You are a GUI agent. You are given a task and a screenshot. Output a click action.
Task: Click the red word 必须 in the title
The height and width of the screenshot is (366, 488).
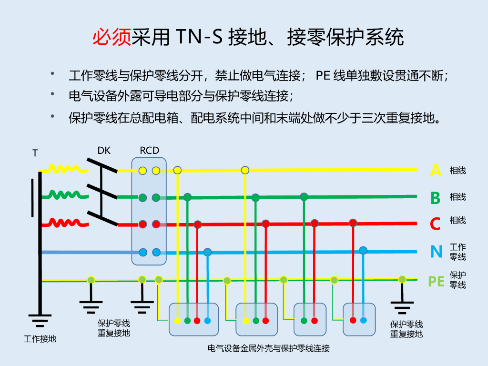[x=112, y=37]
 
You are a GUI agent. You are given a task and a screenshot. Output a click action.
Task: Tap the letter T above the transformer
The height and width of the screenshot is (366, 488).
[x=35, y=153]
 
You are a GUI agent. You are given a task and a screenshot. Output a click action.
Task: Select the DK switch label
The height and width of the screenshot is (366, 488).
[x=104, y=151]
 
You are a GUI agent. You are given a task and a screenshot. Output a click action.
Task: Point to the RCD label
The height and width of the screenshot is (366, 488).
[x=149, y=151]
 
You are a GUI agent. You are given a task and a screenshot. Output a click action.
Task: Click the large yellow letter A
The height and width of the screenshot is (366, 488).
[x=436, y=170]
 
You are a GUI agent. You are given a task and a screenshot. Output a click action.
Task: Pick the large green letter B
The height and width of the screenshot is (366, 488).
[x=436, y=197]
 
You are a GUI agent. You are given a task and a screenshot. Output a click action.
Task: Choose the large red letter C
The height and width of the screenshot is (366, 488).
[x=436, y=224]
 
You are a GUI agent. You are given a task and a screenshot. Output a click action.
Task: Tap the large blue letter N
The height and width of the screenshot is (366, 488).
[x=436, y=251]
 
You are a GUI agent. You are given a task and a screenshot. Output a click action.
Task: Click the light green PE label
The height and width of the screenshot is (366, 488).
[x=436, y=281]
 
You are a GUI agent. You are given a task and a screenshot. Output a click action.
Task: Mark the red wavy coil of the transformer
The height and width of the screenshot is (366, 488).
[x=64, y=223]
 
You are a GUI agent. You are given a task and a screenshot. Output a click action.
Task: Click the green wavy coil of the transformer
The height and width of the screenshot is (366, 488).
[x=64, y=195]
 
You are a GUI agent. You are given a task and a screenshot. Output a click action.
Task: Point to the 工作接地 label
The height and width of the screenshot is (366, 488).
[x=40, y=339]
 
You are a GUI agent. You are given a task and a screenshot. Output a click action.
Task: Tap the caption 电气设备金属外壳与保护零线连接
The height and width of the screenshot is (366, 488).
[x=269, y=348]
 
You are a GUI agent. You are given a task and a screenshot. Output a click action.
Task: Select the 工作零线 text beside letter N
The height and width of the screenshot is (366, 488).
[x=458, y=252]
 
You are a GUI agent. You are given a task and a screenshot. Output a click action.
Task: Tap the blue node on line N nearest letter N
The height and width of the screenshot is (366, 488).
[x=363, y=250]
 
